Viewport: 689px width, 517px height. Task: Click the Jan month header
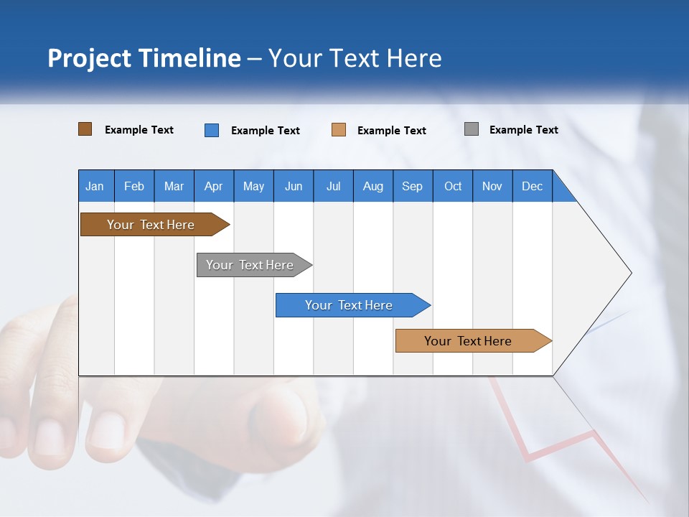click(95, 186)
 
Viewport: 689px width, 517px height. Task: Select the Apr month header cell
click(214, 186)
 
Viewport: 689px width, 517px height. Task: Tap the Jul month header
click(333, 186)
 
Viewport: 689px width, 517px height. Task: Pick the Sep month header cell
click(413, 186)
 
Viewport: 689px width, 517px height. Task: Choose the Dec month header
click(532, 186)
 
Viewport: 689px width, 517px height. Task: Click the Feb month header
click(134, 186)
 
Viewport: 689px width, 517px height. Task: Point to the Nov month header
click(492, 186)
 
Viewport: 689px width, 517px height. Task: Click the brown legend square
click(85, 129)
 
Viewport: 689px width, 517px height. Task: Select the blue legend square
click(212, 130)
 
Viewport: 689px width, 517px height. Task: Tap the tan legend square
click(339, 130)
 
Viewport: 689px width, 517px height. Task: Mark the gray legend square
click(472, 129)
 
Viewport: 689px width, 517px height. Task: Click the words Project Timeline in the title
click(144, 58)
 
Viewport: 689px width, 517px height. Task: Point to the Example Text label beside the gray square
click(523, 130)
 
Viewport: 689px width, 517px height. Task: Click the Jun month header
click(294, 186)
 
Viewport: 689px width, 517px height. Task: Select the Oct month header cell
click(453, 186)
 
